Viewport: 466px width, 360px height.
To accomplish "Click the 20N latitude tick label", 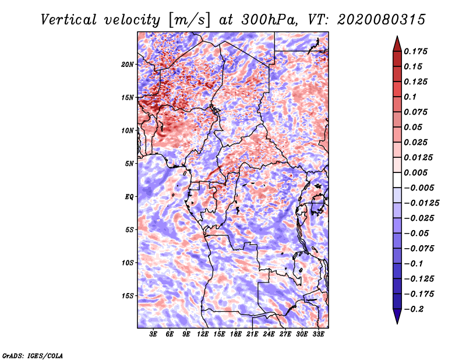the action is [128, 65].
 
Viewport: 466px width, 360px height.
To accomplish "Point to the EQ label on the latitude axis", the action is [129, 197].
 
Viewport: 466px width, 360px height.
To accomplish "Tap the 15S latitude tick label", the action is [128, 296].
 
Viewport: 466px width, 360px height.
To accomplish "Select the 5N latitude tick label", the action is [129, 164].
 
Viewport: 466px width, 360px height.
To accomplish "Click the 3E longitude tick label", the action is [153, 334].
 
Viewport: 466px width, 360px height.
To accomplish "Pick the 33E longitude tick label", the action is [318, 334].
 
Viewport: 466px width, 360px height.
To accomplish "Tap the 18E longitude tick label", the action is [236, 334].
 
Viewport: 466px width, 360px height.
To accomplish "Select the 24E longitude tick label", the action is [269, 334].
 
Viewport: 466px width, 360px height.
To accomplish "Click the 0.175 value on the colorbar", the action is [415, 51].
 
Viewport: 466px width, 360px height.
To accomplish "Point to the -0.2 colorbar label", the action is [414, 309].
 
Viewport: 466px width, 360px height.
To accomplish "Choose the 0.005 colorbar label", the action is [415, 172].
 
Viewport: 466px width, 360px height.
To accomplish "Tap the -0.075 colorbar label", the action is [419, 249].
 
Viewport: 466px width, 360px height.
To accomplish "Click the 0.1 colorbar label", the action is [410, 97].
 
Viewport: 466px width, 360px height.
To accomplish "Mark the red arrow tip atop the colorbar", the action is [397, 37].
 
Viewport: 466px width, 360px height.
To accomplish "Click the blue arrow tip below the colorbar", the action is [397, 323].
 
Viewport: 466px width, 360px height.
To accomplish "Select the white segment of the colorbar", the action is [397, 180].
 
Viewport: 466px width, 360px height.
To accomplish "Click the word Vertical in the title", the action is [69, 20].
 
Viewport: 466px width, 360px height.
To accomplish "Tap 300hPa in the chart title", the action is [268, 20].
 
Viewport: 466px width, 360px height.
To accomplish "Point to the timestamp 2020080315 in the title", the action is [382, 20].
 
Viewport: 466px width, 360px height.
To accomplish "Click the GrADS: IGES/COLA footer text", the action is [33, 355].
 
